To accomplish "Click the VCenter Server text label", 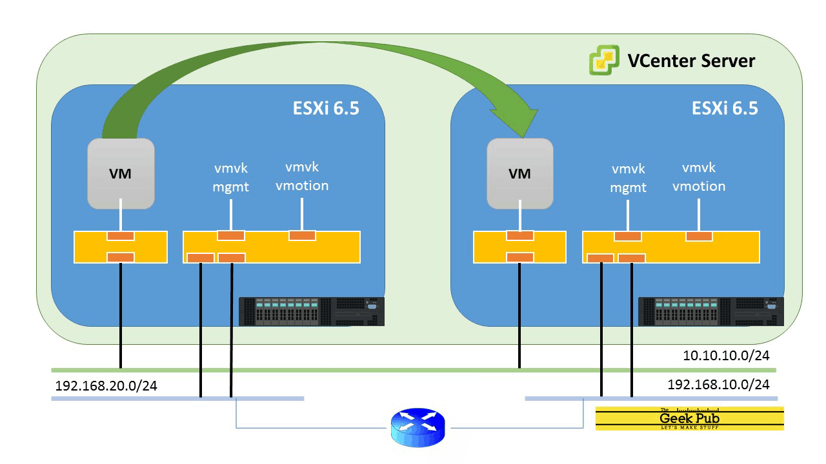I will (x=691, y=61).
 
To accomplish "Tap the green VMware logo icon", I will (x=605, y=61).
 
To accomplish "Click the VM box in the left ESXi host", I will (x=121, y=174).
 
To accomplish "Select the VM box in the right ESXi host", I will (x=519, y=174).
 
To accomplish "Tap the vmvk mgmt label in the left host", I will (x=231, y=178).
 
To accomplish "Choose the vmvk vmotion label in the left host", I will (x=302, y=177).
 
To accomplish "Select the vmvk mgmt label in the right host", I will (x=629, y=179).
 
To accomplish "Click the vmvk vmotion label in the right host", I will (x=699, y=177).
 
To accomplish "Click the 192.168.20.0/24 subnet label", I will (x=106, y=386).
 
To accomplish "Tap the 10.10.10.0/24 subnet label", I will (x=726, y=355).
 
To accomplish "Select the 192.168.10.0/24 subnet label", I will (x=718, y=385).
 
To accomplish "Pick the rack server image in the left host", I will (x=312, y=311).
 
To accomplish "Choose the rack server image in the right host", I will (x=710, y=311).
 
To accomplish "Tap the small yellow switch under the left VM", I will (x=121, y=247).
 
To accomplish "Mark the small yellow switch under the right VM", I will (x=519, y=247).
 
